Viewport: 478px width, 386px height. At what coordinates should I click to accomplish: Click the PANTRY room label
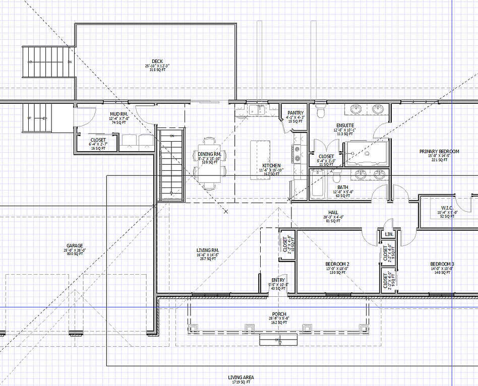(295, 113)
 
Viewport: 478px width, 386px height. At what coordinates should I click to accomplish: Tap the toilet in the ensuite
(319, 109)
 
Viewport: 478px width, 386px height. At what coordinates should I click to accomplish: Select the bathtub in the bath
(317, 185)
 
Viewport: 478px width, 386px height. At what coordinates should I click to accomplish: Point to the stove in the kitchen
(297, 154)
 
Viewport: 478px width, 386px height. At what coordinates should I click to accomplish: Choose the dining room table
(209, 163)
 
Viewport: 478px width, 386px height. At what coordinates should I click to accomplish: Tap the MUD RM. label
(120, 114)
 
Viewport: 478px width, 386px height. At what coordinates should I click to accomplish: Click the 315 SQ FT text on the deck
(157, 70)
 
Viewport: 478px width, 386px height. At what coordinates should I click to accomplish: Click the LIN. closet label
(389, 235)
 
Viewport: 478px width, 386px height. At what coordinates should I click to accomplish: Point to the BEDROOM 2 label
(337, 264)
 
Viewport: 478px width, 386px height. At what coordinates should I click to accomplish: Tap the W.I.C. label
(447, 208)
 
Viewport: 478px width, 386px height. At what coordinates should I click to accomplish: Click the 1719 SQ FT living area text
(241, 382)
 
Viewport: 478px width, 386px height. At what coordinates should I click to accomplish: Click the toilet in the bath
(336, 177)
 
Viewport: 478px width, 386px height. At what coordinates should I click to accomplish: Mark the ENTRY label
(278, 280)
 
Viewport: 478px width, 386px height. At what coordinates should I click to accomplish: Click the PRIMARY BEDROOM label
(439, 151)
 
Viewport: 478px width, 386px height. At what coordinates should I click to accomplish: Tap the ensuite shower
(366, 153)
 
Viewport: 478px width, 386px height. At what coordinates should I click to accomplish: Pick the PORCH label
(279, 314)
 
